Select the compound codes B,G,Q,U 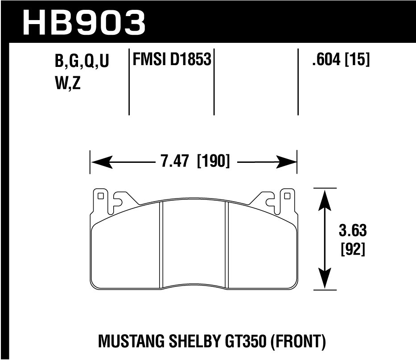click(x=82, y=62)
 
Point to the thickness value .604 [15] click(x=341, y=60)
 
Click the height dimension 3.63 click(x=352, y=232)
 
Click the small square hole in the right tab click(x=287, y=195)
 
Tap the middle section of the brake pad click(x=194, y=243)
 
